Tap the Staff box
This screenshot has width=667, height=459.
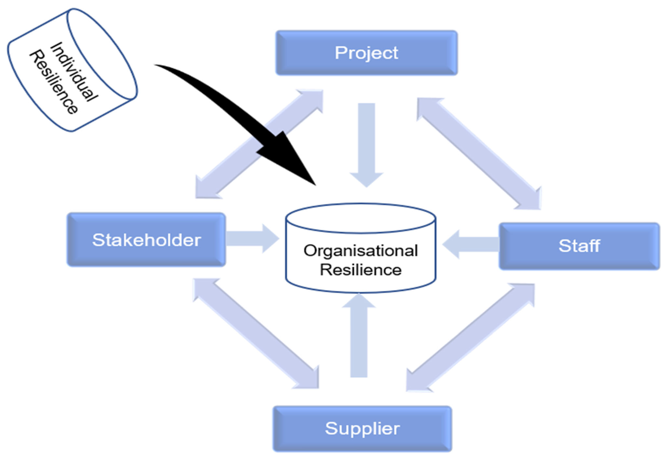click(579, 246)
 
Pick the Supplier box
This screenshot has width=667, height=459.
click(362, 429)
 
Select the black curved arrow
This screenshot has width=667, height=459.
click(230, 109)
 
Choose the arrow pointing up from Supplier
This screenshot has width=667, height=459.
click(359, 337)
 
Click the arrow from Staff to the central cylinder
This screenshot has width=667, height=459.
click(472, 244)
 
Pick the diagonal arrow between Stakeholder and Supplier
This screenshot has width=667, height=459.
click(256, 334)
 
